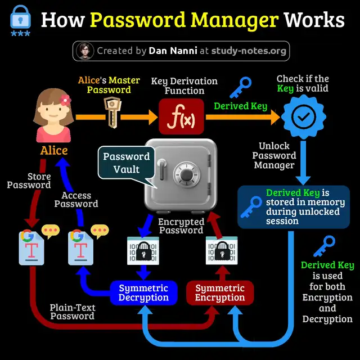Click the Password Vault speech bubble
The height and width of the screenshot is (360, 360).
[x=126, y=164]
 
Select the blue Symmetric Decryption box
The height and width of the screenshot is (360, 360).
[x=143, y=292]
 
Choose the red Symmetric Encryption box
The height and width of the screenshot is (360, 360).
[x=220, y=292]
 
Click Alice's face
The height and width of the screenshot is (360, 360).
[x=54, y=112]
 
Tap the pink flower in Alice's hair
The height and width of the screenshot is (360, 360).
[x=65, y=100]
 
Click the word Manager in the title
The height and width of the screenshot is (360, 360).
[x=239, y=20]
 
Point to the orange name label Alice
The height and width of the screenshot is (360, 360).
[x=54, y=150]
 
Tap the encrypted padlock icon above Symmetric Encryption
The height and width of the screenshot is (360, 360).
[x=220, y=250]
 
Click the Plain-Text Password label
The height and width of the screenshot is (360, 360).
[x=72, y=312]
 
